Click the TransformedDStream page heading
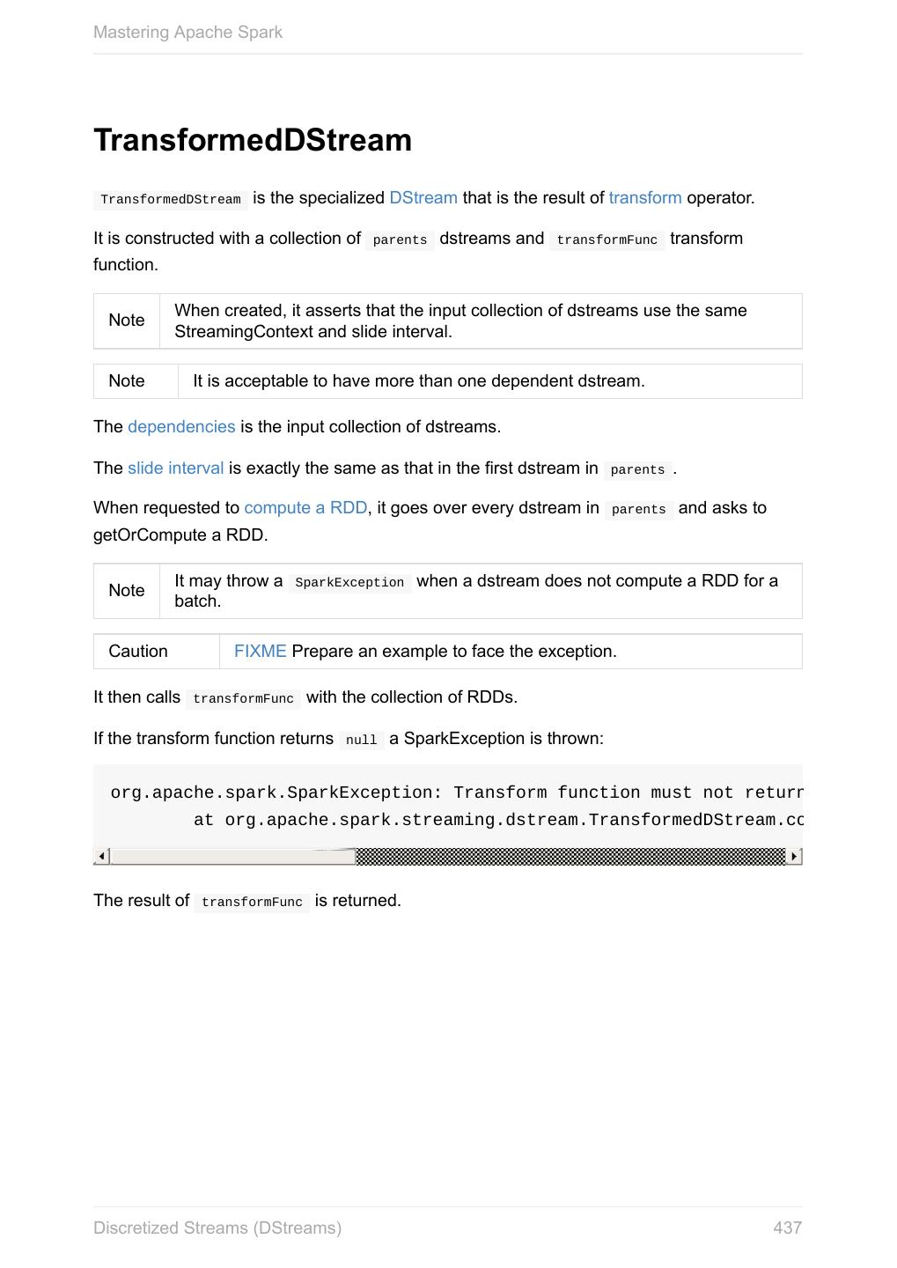click(253, 141)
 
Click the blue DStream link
click(423, 198)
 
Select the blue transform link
click(644, 198)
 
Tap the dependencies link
click(181, 427)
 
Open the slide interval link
click(175, 468)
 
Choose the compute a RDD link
click(305, 508)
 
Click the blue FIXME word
click(260, 652)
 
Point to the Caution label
click(138, 652)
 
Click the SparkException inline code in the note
click(349, 583)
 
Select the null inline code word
click(361, 740)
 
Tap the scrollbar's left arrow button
click(102, 856)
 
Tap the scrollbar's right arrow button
click(794, 856)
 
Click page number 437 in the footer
click(787, 1227)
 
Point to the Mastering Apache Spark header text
click(187, 33)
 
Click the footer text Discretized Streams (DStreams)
click(217, 1227)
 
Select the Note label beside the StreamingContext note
click(127, 321)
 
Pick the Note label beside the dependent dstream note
click(127, 381)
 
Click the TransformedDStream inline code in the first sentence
click(171, 200)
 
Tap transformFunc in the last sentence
click(252, 902)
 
